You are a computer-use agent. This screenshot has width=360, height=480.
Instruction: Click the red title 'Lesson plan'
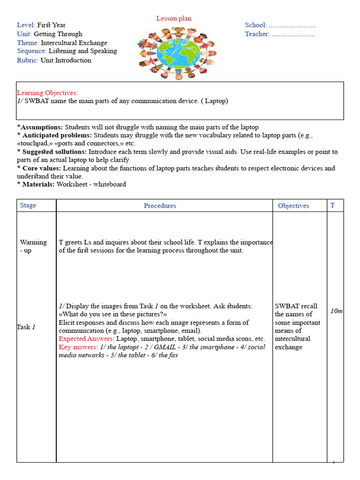click(x=173, y=18)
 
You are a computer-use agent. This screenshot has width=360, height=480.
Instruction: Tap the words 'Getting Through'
click(x=58, y=34)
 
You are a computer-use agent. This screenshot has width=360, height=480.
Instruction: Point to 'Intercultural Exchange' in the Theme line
click(x=74, y=43)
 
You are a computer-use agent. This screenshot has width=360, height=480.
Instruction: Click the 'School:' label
click(x=255, y=25)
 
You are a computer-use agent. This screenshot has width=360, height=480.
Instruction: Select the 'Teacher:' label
click(x=257, y=34)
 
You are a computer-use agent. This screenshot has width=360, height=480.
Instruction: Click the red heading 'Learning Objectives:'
click(x=47, y=93)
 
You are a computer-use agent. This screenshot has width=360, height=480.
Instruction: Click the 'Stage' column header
click(x=28, y=205)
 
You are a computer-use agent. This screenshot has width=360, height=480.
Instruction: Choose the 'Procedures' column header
click(x=160, y=206)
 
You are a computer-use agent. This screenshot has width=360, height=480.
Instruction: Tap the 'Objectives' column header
click(x=293, y=206)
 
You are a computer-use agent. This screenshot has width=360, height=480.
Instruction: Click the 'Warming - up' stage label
click(x=33, y=246)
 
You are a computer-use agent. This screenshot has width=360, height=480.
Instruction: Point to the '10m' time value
click(x=336, y=311)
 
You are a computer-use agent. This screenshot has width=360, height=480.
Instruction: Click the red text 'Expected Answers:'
click(x=86, y=339)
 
